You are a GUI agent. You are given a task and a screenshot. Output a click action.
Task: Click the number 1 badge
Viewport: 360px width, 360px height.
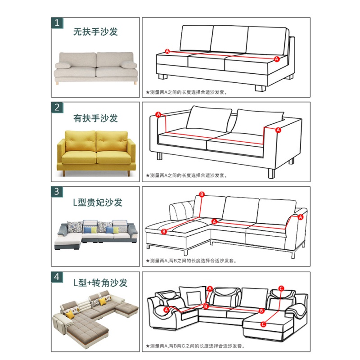pyautogui.click(x=57, y=23)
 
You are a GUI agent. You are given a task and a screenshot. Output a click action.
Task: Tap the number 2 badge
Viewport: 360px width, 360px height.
pyautogui.click(x=57, y=107)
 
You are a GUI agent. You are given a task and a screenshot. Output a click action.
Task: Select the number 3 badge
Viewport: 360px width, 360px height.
pyautogui.click(x=57, y=192)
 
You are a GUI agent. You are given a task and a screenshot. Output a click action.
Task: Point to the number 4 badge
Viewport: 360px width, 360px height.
pyautogui.click(x=57, y=276)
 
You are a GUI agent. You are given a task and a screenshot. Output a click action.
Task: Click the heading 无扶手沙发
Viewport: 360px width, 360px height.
pyautogui.click(x=95, y=32)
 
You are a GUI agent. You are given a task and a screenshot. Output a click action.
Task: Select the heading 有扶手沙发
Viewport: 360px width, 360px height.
pyautogui.click(x=95, y=118)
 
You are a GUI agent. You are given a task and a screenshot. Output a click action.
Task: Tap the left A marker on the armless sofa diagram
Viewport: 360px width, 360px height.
pyautogui.click(x=167, y=51)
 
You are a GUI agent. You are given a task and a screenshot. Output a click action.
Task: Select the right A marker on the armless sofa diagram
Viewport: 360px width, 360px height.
pyautogui.click(x=277, y=59)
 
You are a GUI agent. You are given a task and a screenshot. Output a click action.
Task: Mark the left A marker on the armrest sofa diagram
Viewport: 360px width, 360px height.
pyautogui.click(x=158, y=115)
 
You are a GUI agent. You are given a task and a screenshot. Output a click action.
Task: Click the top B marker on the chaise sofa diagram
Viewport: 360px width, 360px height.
pyautogui.click(x=202, y=194)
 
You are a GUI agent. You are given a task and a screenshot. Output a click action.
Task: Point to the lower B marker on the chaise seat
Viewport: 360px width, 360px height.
pyautogui.click(x=164, y=231)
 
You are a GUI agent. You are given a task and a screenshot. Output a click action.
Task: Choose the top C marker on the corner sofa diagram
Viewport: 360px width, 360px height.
pyautogui.click(x=281, y=288)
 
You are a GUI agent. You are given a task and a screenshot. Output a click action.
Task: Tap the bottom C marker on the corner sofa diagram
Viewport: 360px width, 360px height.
pyautogui.click(x=263, y=323)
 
